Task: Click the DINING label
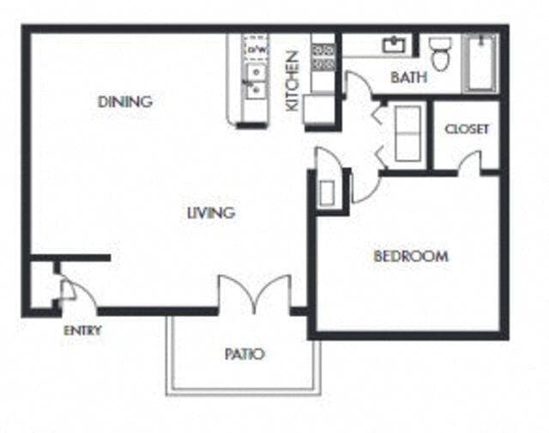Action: coord(124,101)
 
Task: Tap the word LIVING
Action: coord(211,213)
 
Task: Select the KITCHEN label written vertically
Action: coord(293,81)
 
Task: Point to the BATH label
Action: coord(409,78)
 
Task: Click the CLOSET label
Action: coord(468,130)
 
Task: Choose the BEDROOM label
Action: coord(410,256)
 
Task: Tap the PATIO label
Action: coord(244,354)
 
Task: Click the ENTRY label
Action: coord(82,331)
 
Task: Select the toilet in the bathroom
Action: coord(442,53)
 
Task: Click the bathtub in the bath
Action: coord(480,63)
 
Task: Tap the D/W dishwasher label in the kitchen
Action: coord(255,50)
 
